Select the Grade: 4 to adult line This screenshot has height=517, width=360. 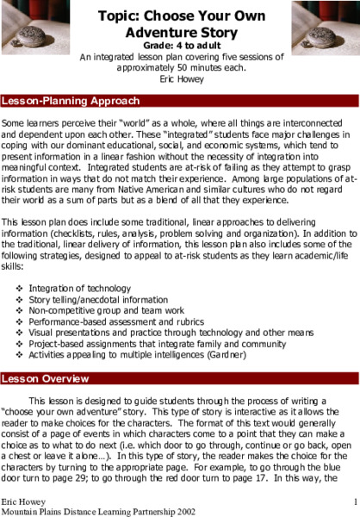[x=180, y=47]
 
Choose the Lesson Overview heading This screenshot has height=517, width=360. [x=47, y=377]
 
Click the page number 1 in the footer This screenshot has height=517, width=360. [x=355, y=500]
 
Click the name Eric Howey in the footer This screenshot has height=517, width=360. [x=22, y=500]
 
